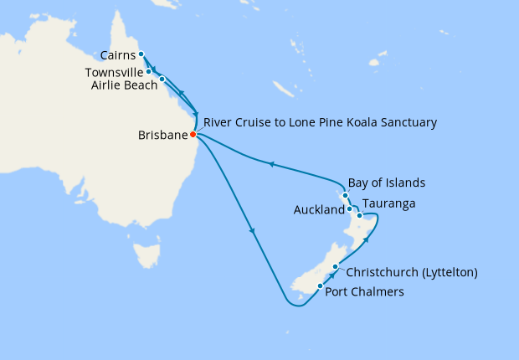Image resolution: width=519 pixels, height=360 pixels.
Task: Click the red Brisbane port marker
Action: pyautogui.click(x=193, y=134)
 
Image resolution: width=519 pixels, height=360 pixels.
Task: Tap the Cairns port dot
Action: pyautogui.click(x=141, y=54)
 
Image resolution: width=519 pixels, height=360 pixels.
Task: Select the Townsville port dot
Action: pyautogui.click(x=148, y=72)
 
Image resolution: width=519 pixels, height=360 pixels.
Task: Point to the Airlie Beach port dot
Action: pyautogui.click(x=162, y=80)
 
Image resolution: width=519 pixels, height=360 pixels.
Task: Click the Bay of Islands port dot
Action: pyautogui.click(x=345, y=195)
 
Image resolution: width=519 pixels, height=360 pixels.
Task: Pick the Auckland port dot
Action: pyautogui.click(x=350, y=209)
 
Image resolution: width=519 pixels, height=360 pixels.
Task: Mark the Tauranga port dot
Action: pyautogui.click(x=360, y=215)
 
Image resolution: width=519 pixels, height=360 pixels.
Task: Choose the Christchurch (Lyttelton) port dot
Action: pyautogui.click(x=335, y=267)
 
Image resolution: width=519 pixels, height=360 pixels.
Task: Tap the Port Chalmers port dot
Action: pyautogui.click(x=320, y=286)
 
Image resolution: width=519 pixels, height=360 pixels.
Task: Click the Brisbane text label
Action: pyautogui.click(x=162, y=135)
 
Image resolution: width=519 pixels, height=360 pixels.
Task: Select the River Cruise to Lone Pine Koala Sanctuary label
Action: pyautogui.click(x=320, y=122)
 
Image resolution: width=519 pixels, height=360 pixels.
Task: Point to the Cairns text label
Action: pyautogui.click(x=116, y=56)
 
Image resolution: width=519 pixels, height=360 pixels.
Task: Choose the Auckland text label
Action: pyautogui.click(x=318, y=210)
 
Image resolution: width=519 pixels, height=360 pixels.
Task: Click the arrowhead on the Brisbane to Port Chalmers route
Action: pyautogui.click(x=252, y=232)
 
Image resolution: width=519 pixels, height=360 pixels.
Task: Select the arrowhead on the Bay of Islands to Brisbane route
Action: pyautogui.click(x=271, y=165)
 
